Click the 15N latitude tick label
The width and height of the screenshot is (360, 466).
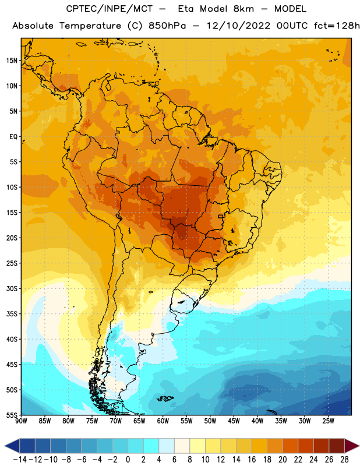[x=12, y=61]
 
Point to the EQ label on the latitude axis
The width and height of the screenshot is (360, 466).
[x=13, y=137]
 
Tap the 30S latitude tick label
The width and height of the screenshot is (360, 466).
[x=12, y=288]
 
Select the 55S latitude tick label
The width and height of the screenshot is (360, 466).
[x=12, y=415]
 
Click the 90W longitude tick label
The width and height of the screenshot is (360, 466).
[x=21, y=421]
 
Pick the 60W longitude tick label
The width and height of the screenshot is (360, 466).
[x=163, y=421]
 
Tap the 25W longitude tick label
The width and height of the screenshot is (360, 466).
[x=328, y=421]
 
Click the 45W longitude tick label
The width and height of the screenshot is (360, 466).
[x=234, y=421]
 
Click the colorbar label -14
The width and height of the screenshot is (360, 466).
[x=20, y=460]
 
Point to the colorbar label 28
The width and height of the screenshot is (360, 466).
[x=344, y=460]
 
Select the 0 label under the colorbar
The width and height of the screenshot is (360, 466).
[x=128, y=460]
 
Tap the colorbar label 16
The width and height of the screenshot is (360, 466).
[x=252, y=460]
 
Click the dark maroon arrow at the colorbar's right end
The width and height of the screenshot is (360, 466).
[x=352, y=446]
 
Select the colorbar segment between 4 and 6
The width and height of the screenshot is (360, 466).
[x=167, y=446]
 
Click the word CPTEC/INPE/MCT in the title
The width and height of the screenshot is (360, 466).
[x=109, y=9]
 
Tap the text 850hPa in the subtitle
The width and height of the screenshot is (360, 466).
[x=167, y=26]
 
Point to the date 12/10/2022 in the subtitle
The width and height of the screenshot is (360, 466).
[x=239, y=26]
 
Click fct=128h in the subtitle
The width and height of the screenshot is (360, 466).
[x=337, y=26]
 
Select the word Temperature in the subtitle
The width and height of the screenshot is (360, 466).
[x=90, y=26]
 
